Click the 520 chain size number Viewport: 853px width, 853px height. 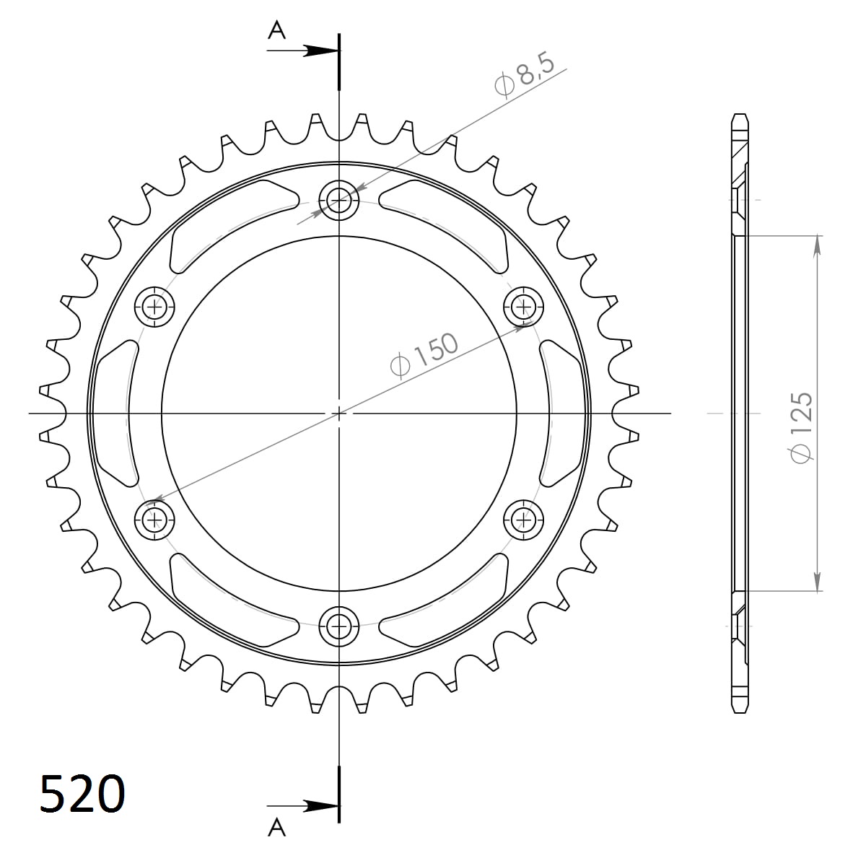82,794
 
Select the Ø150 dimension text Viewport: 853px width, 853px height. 424,355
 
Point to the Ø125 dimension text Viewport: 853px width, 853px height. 801,427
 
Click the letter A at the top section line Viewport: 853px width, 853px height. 277,30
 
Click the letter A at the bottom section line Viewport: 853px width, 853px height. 277,828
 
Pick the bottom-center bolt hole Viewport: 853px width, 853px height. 338,625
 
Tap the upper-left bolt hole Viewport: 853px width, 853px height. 154,307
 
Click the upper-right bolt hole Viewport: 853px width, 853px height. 522,307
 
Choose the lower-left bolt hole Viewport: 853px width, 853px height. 154,518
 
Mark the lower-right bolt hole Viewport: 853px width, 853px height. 522,518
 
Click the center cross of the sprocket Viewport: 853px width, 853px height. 338,413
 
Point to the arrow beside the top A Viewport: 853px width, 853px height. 318,51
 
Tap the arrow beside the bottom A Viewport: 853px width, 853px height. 318,805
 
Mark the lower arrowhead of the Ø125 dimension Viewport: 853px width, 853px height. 817,582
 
